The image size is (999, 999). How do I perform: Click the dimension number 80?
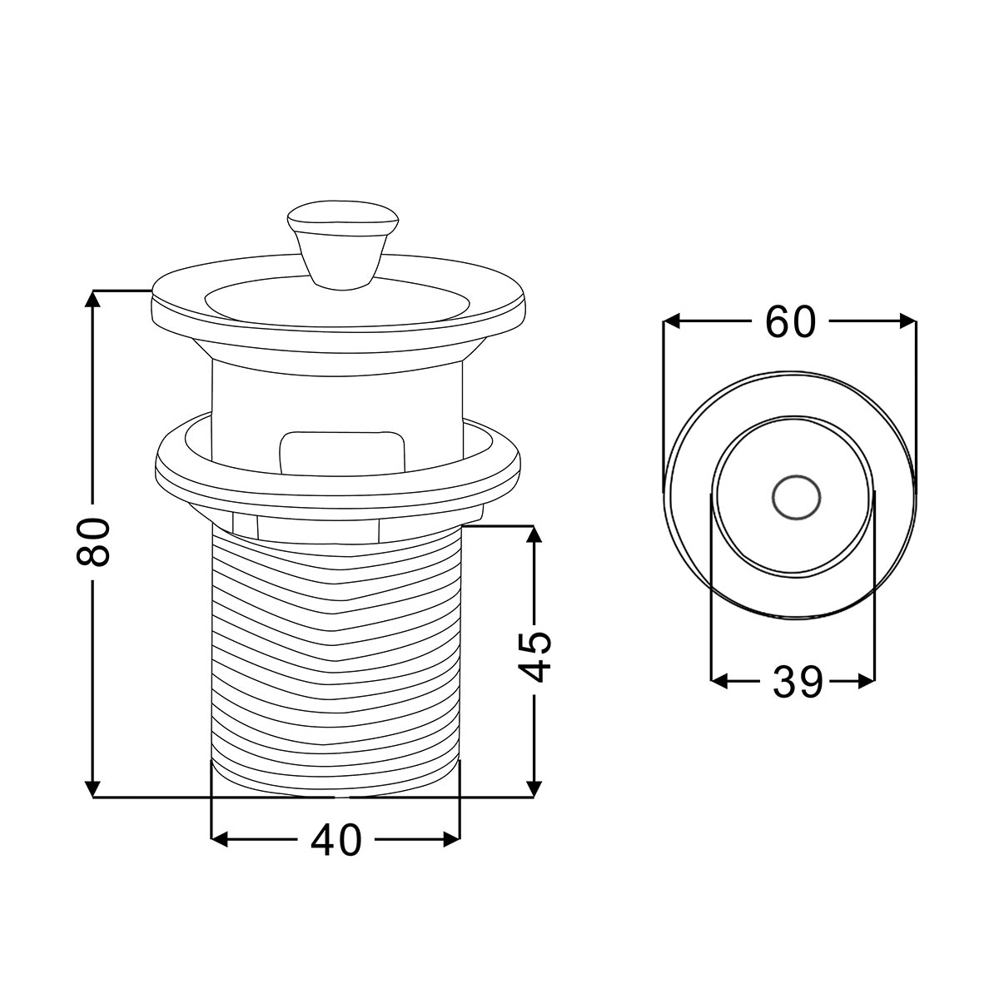click(93, 541)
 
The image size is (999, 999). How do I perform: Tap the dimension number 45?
click(534, 657)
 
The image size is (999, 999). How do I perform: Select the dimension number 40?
click(336, 841)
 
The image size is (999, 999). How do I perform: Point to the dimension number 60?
click(790, 321)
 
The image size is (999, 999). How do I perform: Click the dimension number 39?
click(798, 683)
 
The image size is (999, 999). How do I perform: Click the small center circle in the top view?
click(796, 498)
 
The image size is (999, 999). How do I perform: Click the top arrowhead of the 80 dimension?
click(92, 299)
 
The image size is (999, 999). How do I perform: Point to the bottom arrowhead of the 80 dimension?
click(92, 788)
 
